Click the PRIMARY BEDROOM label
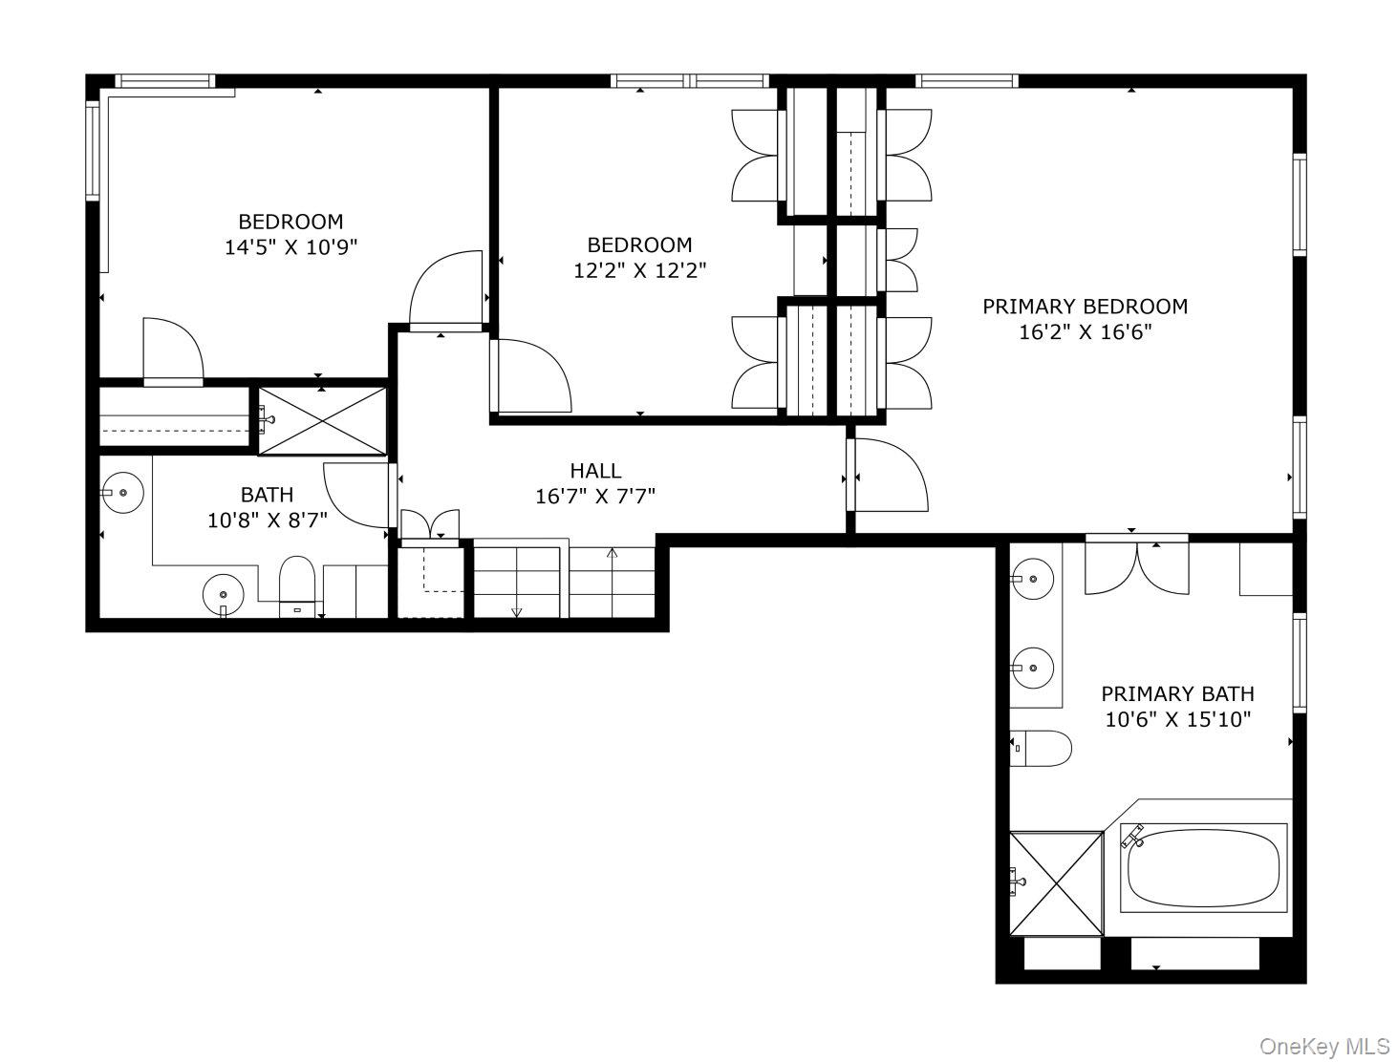click(x=1085, y=307)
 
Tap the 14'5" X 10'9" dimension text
click(x=291, y=247)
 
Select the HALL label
click(x=595, y=471)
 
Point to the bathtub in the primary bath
click(x=1203, y=868)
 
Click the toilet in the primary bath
click(x=1041, y=749)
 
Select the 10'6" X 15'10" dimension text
click(x=1177, y=720)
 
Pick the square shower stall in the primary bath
click(x=1057, y=883)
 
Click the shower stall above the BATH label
click(x=322, y=421)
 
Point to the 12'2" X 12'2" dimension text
click(x=640, y=271)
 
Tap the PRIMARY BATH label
click(x=1177, y=693)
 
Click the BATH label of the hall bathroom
click(x=267, y=495)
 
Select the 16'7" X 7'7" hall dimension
click(x=595, y=497)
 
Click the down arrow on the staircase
click(x=517, y=612)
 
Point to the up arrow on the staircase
click(x=613, y=553)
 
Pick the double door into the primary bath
click(x=1137, y=565)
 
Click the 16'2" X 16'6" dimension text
click(x=1086, y=332)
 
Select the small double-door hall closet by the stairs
click(x=430, y=526)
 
